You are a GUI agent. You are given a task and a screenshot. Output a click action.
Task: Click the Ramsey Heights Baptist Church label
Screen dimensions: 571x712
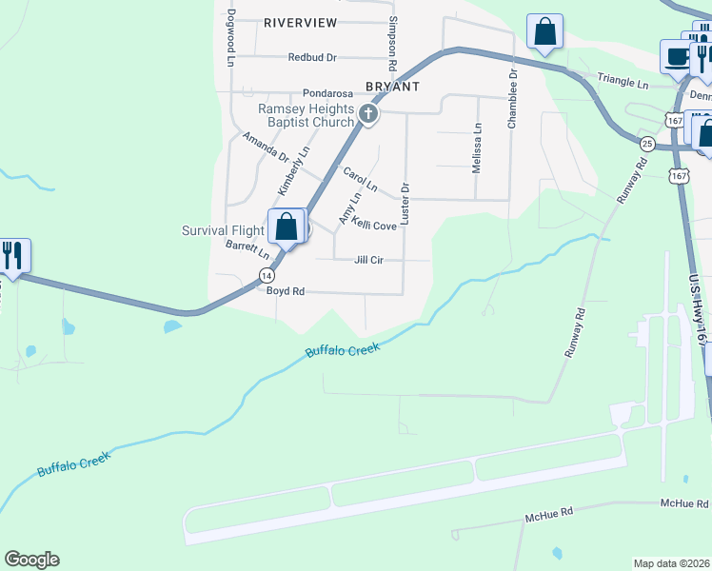(307, 115)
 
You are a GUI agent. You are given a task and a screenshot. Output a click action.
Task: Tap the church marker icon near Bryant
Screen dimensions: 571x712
(368, 115)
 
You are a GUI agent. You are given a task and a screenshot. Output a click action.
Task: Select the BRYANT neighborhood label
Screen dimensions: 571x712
(392, 86)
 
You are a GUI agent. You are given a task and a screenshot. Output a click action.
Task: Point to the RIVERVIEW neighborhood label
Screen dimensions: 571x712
(301, 21)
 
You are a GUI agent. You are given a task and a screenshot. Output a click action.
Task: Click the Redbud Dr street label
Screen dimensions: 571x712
(313, 57)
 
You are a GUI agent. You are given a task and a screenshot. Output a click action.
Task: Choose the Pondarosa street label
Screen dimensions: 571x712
(328, 94)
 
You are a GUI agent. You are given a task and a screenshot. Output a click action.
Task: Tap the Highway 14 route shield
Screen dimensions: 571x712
(266, 274)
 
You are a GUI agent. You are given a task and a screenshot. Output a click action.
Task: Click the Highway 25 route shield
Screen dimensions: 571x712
(647, 144)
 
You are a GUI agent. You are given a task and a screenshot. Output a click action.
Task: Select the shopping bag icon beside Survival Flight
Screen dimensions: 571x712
(286, 226)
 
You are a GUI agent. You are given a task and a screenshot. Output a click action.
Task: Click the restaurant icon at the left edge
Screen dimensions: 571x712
(13, 255)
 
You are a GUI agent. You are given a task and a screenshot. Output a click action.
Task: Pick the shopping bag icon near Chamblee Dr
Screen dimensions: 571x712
(545, 31)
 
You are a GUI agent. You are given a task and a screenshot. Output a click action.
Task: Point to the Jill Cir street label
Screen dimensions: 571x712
(368, 260)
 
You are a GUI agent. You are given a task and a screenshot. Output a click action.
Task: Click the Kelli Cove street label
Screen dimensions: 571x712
(373, 226)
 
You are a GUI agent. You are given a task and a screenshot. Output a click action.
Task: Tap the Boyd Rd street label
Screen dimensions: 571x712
(285, 291)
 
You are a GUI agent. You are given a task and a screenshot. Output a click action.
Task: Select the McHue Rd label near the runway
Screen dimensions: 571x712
(549, 515)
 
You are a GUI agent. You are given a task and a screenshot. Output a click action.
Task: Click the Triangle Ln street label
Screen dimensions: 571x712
(623, 84)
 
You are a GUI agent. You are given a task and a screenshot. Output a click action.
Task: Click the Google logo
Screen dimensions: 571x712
(31, 560)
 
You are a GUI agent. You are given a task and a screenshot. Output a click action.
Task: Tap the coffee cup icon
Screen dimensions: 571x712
(677, 56)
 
